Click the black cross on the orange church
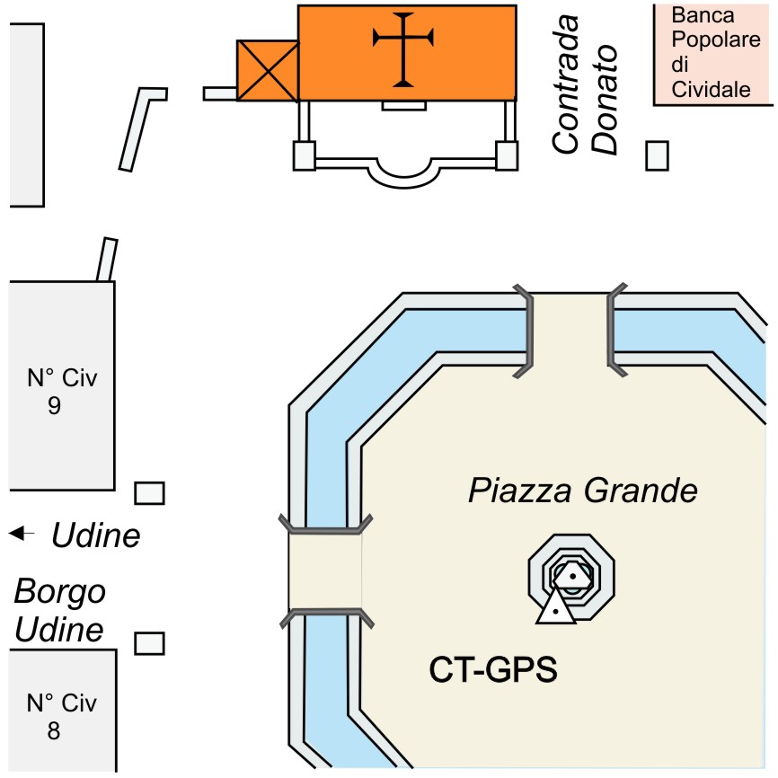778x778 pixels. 402,49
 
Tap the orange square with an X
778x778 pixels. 268,70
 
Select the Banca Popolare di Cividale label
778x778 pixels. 715,53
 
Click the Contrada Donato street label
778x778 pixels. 585,84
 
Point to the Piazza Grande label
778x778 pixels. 583,491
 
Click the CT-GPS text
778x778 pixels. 493,669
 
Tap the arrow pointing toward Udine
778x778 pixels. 22,534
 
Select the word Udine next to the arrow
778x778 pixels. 96,535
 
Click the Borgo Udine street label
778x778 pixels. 60,610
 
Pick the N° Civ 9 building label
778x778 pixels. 62,392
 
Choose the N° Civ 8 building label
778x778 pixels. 61,717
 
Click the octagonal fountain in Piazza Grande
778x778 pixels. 571,577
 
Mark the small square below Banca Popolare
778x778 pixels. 657,155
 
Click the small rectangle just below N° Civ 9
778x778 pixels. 149,493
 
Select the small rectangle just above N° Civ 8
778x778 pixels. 149,643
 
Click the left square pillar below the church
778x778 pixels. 305,155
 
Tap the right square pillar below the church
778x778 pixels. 507,155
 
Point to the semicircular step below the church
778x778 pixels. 404,172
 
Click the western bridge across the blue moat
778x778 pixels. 325,571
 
